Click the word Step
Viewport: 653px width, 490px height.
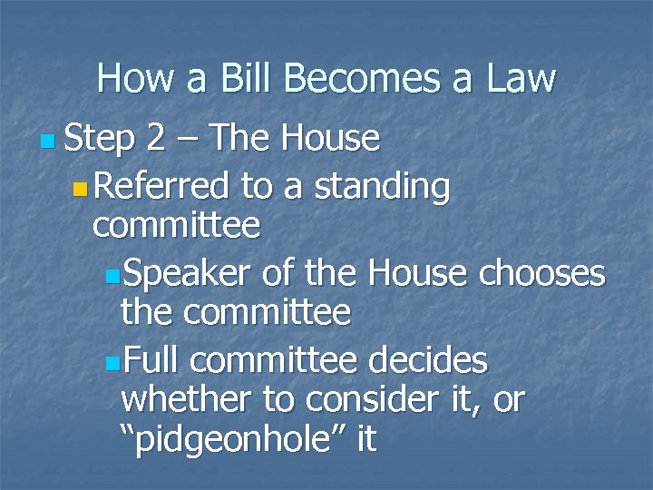tap(100, 139)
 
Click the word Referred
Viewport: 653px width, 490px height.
tap(161, 186)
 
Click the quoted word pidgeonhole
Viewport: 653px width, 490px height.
tap(239, 442)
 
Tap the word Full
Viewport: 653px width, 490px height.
tap(152, 361)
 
